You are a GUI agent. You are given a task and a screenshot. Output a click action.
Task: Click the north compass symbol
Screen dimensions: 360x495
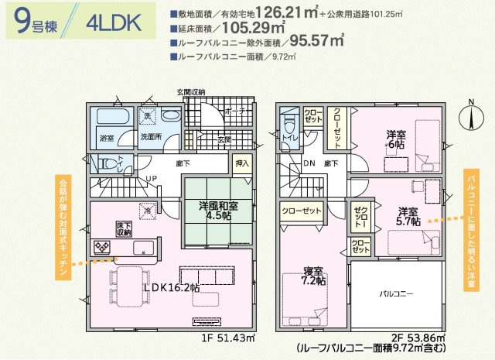[x=470, y=116]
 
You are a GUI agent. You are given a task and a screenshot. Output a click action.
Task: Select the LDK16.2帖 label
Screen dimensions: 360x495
[x=171, y=287]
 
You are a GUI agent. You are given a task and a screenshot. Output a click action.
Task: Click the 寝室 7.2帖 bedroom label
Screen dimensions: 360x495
[x=313, y=275]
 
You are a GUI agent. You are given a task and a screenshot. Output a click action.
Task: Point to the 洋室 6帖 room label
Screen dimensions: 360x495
[x=396, y=139]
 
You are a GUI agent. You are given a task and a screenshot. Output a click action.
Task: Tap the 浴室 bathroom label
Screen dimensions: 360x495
[x=107, y=138]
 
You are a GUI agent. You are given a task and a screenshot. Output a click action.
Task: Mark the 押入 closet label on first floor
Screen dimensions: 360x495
[x=242, y=165]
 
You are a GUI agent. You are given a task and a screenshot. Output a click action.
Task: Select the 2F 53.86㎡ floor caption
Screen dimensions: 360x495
[x=418, y=338]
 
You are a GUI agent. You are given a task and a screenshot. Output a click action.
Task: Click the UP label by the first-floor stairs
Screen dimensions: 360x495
[x=152, y=178]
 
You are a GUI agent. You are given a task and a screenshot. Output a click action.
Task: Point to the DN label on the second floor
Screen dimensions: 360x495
[x=309, y=163]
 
